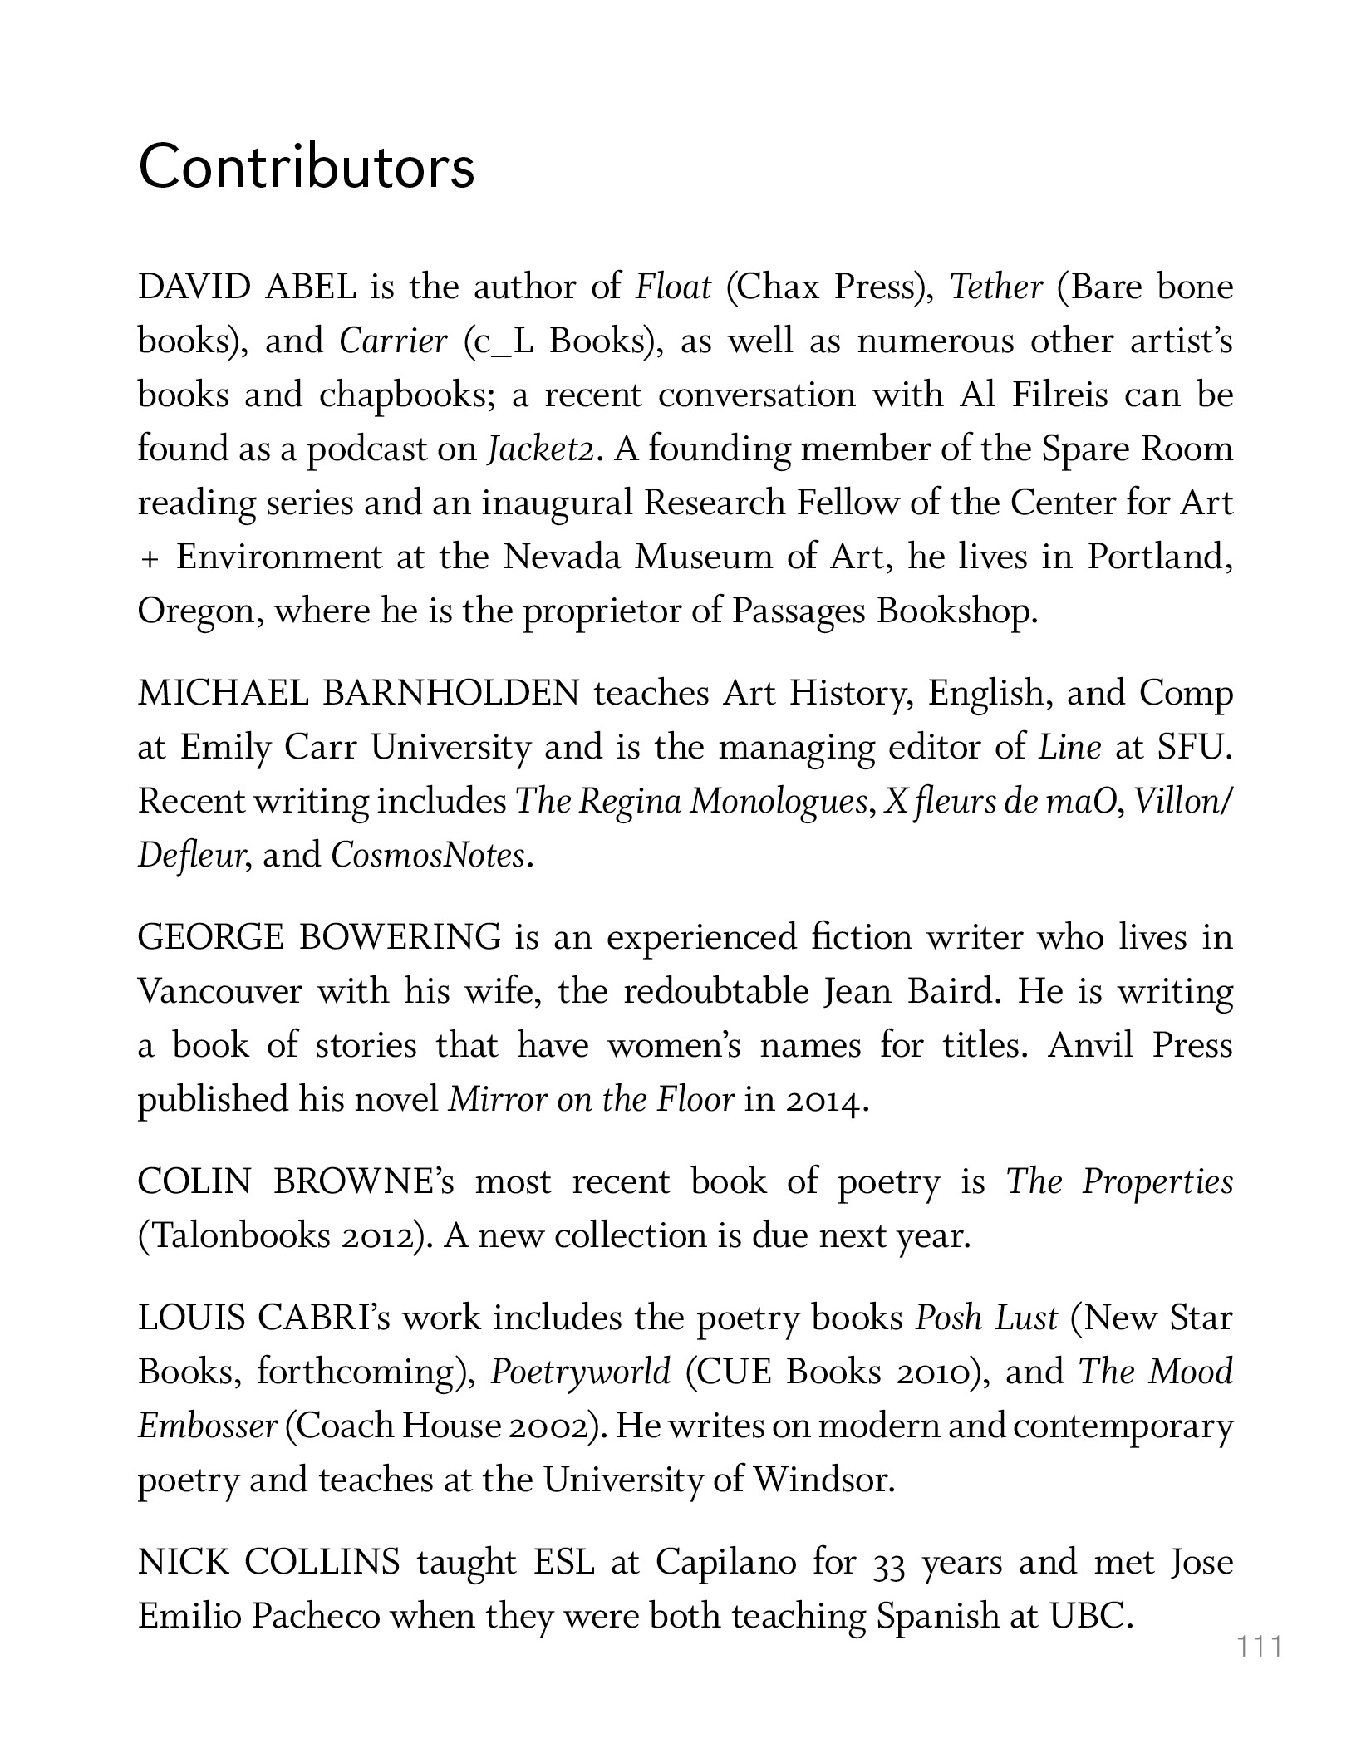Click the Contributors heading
pos(306,167)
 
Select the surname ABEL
pos(310,287)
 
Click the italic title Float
pos(673,287)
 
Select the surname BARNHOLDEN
pos(450,693)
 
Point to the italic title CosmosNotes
pos(428,855)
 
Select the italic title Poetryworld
pos(580,1372)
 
